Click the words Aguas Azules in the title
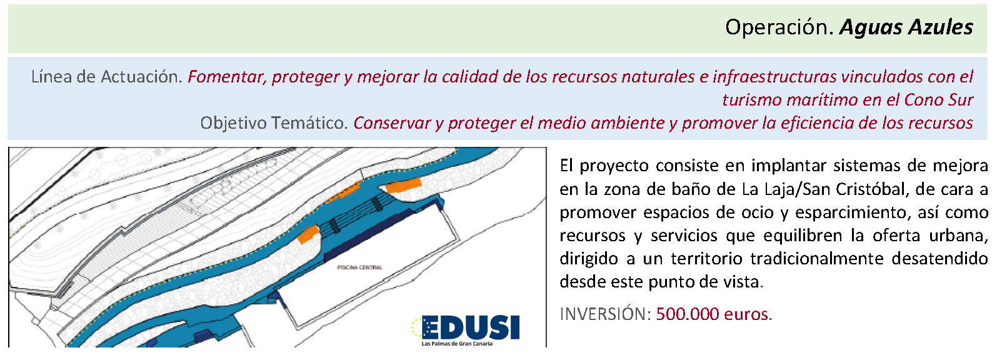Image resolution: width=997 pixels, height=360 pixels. pyautogui.click(x=906, y=27)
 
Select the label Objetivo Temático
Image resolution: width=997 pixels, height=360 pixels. pyautogui.click(x=274, y=123)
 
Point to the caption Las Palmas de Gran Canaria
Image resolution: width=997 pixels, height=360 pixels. pyautogui.click(x=457, y=344)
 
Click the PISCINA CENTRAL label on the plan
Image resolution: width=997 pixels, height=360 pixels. pyautogui.click(x=359, y=267)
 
